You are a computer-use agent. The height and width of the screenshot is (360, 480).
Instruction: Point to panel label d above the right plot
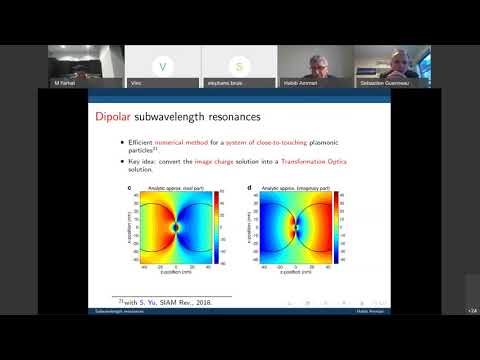click(x=246, y=187)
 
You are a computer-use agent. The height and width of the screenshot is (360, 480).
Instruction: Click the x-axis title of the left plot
click(x=177, y=275)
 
